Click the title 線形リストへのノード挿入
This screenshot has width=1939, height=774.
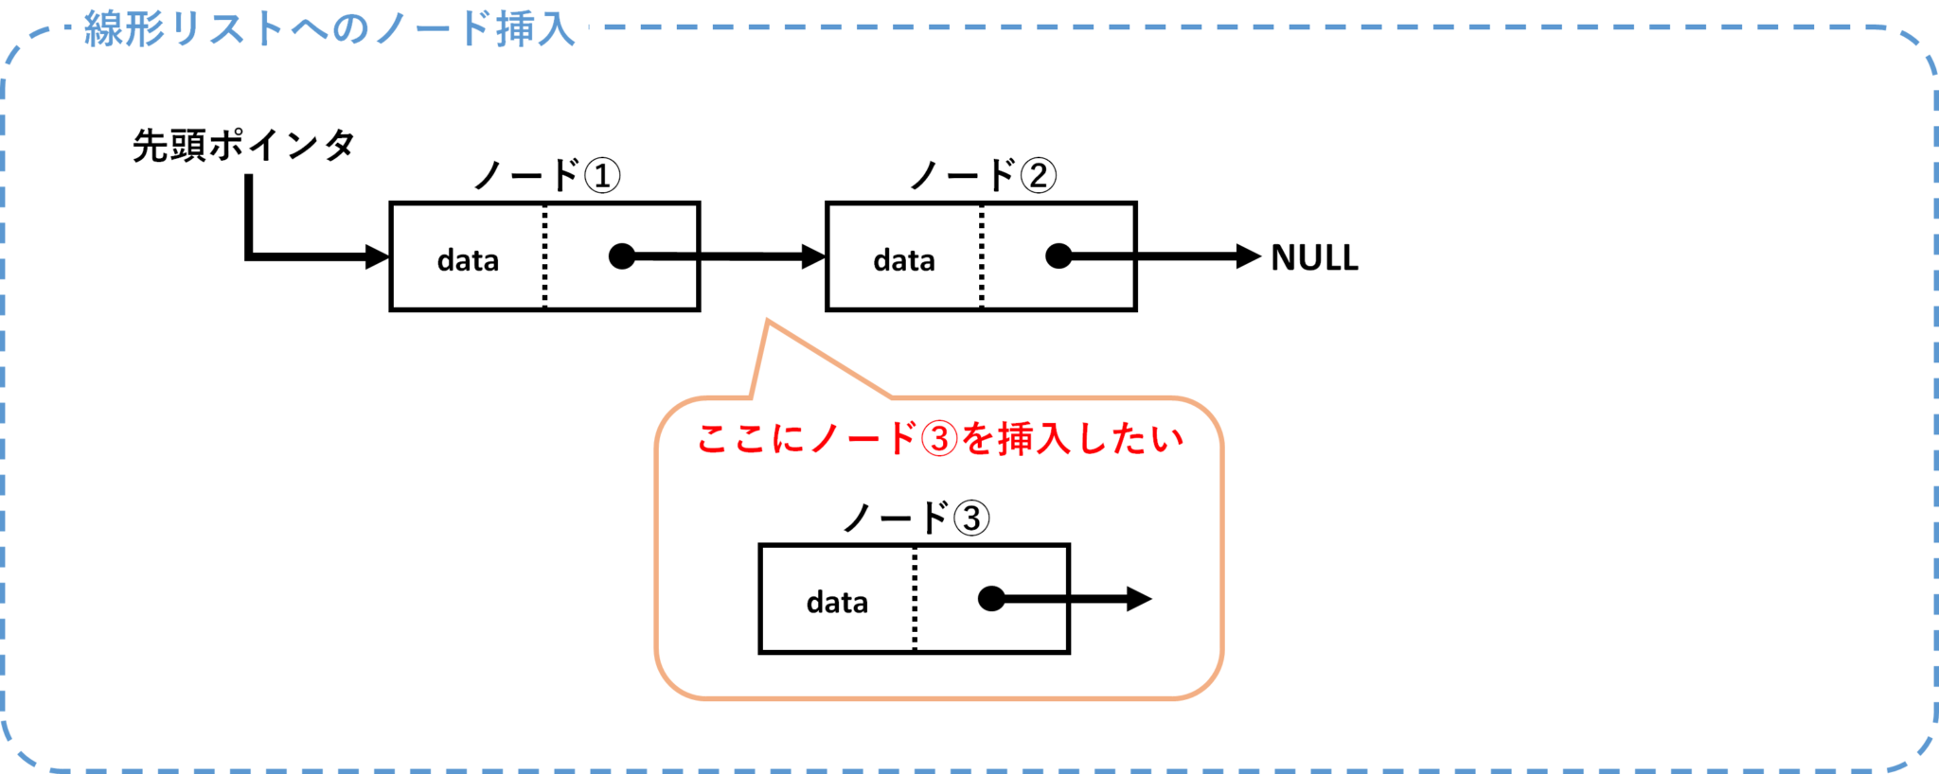pyautogui.click(x=329, y=28)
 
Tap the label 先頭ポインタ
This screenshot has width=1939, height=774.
pyautogui.click(x=243, y=146)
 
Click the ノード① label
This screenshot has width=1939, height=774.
pyautogui.click(x=546, y=176)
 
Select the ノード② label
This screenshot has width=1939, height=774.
pyautogui.click(x=983, y=176)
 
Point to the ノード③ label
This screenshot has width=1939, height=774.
pyautogui.click(x=916, y=519)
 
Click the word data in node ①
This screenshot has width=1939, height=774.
pyautogui.click(x=468, y=260)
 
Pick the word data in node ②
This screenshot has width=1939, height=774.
pyautogui.click(x=904, y=260)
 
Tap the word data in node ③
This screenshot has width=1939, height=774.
pyautogui.click(x=837, y=603)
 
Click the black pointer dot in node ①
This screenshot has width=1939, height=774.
pyautogui.click(x=622, y=256)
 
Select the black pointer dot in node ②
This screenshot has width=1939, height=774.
pyautogui.click(x=1058, y=256)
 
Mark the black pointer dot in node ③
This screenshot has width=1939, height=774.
pyautogui.click(x=991, y=599)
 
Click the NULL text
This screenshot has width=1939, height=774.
pyautogui.click(x=1314, y=257)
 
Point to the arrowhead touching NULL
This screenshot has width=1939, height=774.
pyautogui.click(x=1249, y=256)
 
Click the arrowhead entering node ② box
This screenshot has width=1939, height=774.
pyautogui.click(x=813, y=256)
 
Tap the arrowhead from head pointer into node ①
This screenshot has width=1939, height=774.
pyautogui.click(x=377, y=256)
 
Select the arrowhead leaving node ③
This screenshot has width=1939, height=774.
pyautogui.click(x=1138, y=599)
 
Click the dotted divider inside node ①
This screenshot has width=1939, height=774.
pyautogui.click(x=544, y=256)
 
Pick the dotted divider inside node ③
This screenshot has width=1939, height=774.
pyautogui.click(x=915, y=599)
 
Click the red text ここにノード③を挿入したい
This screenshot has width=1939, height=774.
pyautogui.click(x=939, y=439)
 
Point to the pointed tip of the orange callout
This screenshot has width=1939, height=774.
pyautogui.click(x=768, y=323)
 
